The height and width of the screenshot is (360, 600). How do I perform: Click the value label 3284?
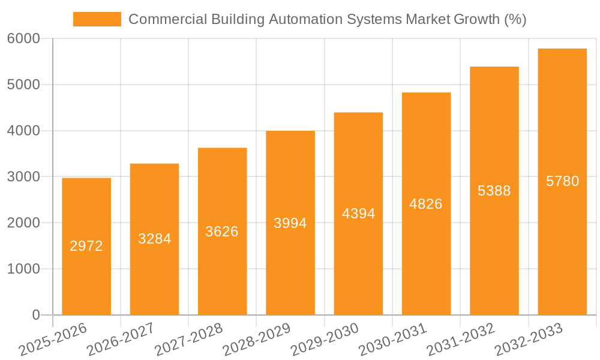pyautogui.click(x=154, y=239)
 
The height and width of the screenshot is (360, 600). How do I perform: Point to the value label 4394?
pyautogui.click(x=358, y=214)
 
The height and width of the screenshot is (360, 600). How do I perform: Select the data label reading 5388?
pyautogui.click(x=494, y=191)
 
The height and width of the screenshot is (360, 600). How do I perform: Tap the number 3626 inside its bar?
pyautogui.click(x=222, y=232)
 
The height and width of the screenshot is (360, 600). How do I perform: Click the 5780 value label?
pyautogui.click(x=562, y=181)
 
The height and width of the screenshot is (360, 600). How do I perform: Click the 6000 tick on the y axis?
pyautogui.click(x=24, y=39)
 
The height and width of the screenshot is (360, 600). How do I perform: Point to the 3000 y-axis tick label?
pyautogui.click(x=24, y=177)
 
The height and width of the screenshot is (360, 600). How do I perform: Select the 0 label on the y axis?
pyautogui.click(x=36, y=315)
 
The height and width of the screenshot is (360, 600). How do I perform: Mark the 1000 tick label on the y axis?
pyautogui.click(x=24, y=269)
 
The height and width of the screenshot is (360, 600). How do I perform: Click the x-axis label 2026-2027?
pyautogui.click(x=121, y=340)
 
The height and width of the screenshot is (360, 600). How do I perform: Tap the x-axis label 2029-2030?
pyautogui.click(x=325, y=340)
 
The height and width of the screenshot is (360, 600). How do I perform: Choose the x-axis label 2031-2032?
pyautogui.click(x=461, y=340)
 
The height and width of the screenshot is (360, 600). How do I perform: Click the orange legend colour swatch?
pyautogui.click(x=97, y=19)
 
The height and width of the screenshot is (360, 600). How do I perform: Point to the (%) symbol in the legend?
pyautogui.click(x=515, y=19)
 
